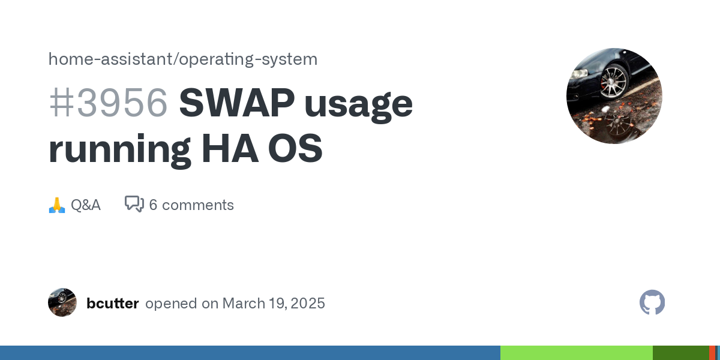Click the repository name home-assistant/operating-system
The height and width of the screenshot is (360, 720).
pos(183,59)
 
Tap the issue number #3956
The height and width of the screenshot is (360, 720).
pos(109,103)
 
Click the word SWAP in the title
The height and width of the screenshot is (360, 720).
pos(237,103)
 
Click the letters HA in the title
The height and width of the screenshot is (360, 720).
pos(230,148)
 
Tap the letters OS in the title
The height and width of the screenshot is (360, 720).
pos(295,148)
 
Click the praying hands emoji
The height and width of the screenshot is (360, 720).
pos(57,205)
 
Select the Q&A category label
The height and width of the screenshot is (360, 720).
pos(85,205)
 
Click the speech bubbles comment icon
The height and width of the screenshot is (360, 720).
pos(134,204)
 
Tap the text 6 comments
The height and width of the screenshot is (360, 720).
pos(191,205)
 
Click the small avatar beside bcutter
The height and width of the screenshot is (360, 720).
pos(62,302)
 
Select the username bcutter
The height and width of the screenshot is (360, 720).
pos(113,304)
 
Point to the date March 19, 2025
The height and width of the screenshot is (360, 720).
pos(274,304)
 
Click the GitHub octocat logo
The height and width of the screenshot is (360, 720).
pos(652,302)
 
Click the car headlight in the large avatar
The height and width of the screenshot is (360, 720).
pos(579,74)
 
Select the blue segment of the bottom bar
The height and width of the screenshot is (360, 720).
pos(250,353)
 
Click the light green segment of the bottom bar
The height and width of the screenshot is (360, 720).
pos(577,353)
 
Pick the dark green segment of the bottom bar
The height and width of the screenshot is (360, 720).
pos(681,353)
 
